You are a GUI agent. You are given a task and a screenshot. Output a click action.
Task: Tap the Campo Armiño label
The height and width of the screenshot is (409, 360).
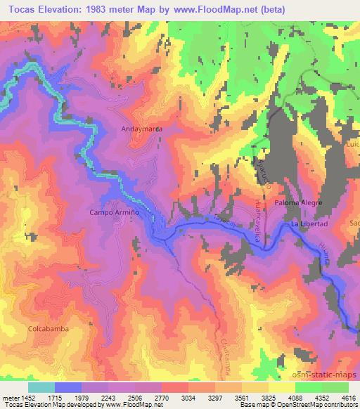(x=111, y=212)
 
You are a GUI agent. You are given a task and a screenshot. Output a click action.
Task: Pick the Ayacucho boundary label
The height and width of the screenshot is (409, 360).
(x=266, y=178)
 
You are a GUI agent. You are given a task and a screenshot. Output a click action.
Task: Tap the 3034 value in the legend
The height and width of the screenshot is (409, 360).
(x=172, y=397)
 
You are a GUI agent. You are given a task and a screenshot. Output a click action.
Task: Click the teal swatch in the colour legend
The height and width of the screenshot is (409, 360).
(x=41, y=387)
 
